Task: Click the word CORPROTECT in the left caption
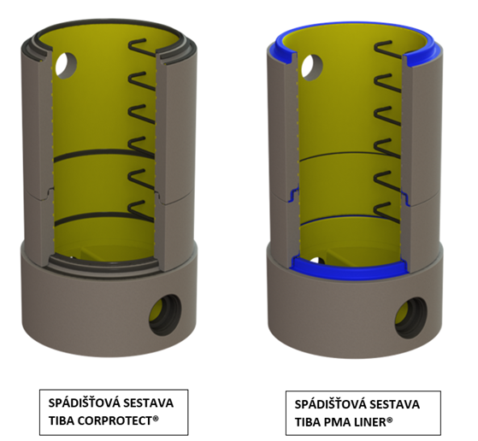coord(115,420)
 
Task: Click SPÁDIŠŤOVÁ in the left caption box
coord(83,403)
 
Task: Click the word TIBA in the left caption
coord(61,420)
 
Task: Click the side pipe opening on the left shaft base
coord(165,315)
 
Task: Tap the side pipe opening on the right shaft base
coord(411,318)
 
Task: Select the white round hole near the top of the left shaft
coord(66,66)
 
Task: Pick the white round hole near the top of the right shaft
coord(312,68)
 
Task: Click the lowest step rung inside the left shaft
coord(141,210)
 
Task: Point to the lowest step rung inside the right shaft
coord(387,213)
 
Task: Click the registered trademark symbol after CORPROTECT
coord(156,419)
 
